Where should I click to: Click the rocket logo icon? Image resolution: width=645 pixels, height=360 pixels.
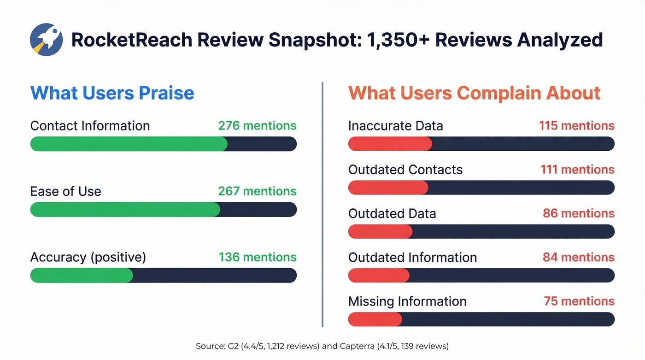pos(46,40)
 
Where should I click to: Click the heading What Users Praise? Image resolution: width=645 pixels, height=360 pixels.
pos(112,93)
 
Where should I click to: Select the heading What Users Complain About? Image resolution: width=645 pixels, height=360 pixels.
pos(474,93)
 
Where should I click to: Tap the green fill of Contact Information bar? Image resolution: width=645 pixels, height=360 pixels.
pos(129,144)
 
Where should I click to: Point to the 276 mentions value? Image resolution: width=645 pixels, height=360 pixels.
pos(257,126)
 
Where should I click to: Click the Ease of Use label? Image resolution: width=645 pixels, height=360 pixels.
pos(65,191)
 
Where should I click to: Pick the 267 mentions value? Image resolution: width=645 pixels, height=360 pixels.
pos(257,191)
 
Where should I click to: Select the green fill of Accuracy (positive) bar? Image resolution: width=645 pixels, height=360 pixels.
pos(82,275)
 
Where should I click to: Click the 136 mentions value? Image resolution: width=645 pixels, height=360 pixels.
pos(257,257)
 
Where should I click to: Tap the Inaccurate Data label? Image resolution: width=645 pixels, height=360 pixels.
pos(395,126)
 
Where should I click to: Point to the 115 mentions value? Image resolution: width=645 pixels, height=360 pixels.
pos(576,126)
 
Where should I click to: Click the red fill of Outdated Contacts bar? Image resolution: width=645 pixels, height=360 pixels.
pos(388,188)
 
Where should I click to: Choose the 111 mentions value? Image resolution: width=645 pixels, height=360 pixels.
pos(577,170)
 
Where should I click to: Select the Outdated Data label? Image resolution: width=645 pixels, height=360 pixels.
pos(392,213)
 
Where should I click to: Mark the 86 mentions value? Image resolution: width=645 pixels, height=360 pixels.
pos(579,213)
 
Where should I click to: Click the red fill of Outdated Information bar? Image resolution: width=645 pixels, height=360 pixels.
pos(379,275)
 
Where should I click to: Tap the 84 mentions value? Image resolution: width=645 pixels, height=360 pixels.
pos(578,257)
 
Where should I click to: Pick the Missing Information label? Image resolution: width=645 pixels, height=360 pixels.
pos(407,301)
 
